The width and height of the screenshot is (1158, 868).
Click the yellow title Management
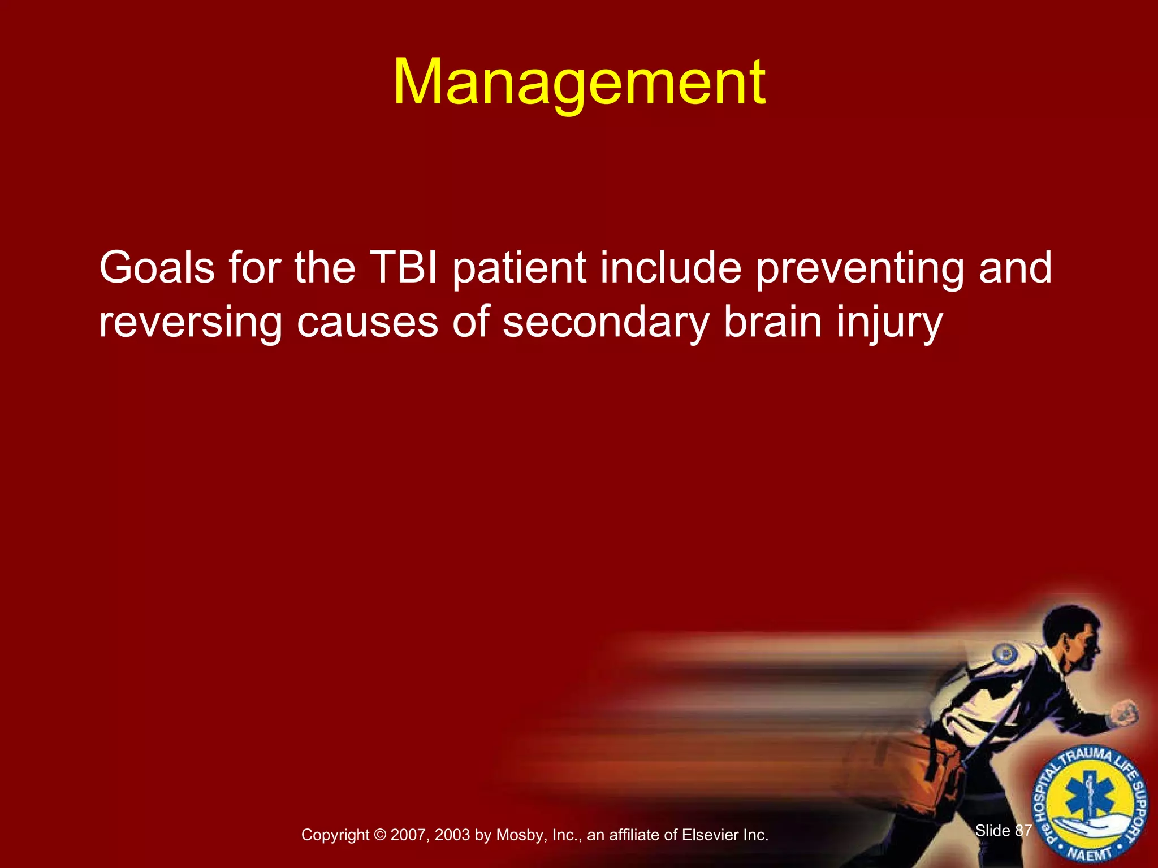point(579,84)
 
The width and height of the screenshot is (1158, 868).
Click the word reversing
point(190,322)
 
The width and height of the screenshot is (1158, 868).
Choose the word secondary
point(606,322)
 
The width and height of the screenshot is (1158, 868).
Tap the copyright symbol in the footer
point(379,835)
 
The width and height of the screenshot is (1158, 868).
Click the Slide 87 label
point(1004,830)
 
